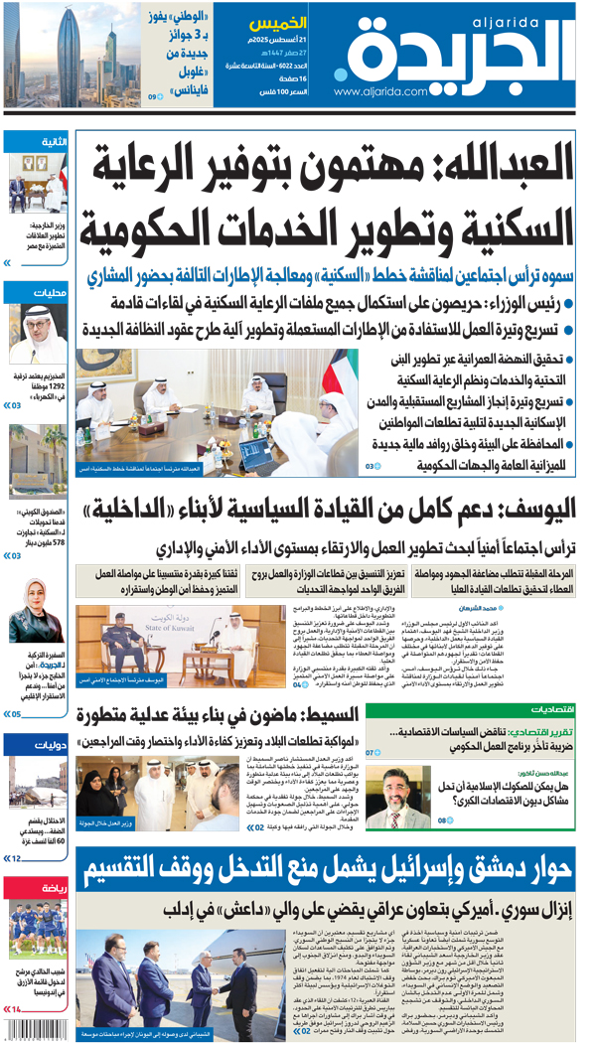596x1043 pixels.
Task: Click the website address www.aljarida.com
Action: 382,91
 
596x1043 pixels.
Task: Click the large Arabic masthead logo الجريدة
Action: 457,55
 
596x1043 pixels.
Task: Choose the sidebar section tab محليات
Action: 50,293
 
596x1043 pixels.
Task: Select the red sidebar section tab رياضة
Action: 52,888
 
